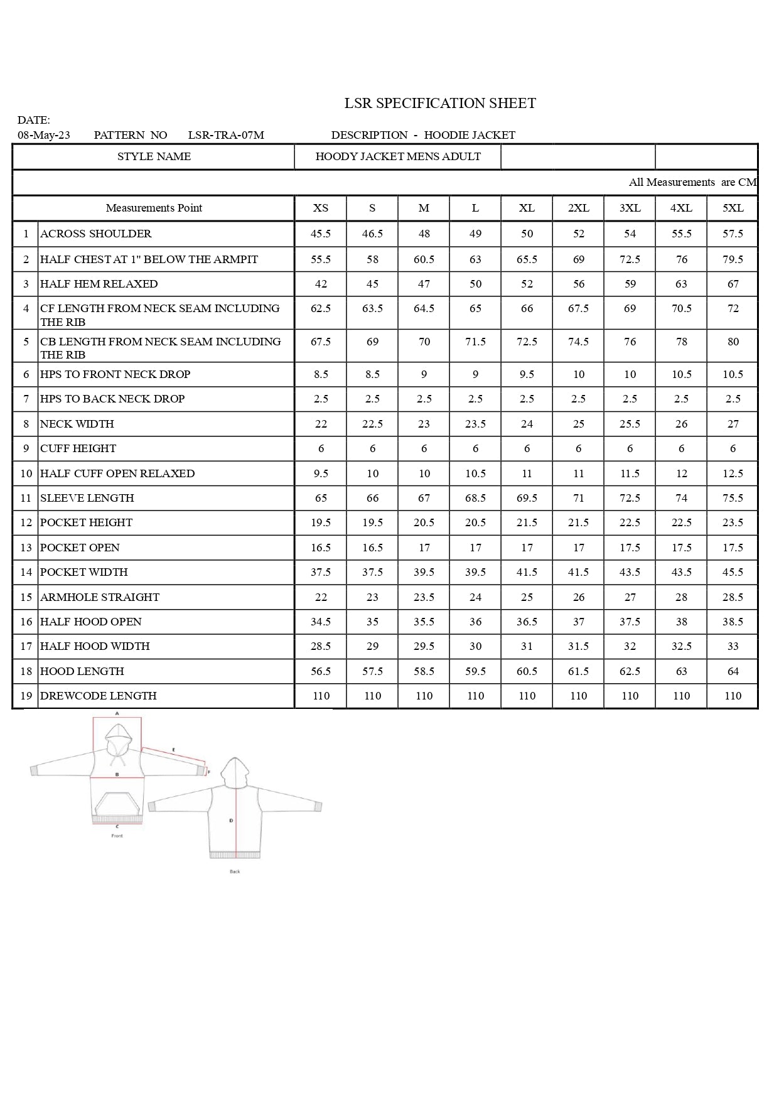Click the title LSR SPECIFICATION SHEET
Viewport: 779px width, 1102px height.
coord(440,103)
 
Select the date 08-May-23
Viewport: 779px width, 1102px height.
coord(44,135)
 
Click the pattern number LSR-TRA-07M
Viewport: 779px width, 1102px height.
coord(226,135)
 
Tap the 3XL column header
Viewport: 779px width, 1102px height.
coord(630,208)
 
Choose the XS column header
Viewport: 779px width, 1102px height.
coord(321,208)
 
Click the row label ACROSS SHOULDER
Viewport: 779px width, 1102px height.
coord(96,234)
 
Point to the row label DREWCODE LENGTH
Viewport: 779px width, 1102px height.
coord(99,696)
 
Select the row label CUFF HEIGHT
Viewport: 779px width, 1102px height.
coord(78,448)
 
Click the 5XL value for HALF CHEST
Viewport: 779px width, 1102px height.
coord(733,259)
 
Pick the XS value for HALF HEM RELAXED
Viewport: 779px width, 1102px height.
coord(321,284)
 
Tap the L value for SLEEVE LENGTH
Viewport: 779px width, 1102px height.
coord(475,498)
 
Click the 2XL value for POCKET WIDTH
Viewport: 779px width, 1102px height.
coord(578,572)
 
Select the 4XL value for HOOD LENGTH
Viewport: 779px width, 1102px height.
coord(681,671)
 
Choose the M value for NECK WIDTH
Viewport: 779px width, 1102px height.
coord(424,424)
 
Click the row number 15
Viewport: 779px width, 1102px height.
coord(26,597)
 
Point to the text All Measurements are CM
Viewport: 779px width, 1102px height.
coord(692,182)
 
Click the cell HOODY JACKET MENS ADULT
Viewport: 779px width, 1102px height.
coord(398,156)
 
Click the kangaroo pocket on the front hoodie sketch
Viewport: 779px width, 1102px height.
coord(117,804)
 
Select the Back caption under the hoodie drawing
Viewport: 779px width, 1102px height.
coord(235,872)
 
